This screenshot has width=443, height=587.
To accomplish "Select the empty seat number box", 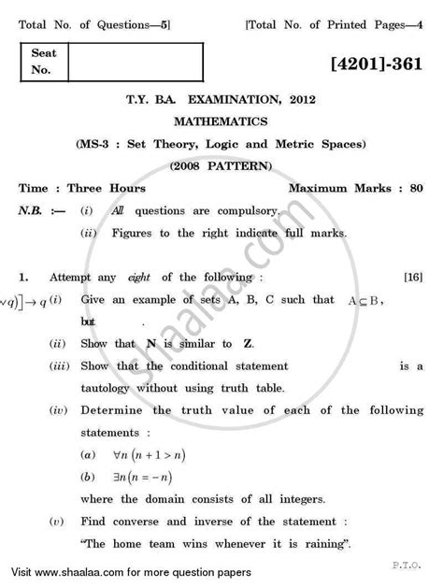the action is (x=135, y=63).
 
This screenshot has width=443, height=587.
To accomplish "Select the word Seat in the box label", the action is (x=44, y=53).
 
